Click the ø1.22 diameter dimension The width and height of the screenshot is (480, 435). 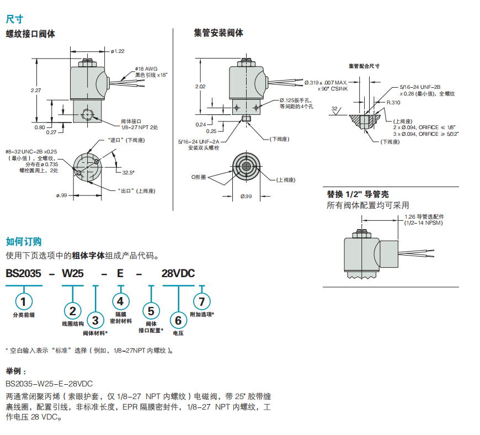click(118, 51)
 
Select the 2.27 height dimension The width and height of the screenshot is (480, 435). click(36, 90)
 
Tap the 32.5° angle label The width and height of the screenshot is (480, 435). click(128, 173)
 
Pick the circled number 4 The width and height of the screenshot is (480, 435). click(121, 301)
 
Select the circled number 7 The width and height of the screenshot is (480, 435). click(201, 301)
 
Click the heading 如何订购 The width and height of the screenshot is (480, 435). click(23, 241)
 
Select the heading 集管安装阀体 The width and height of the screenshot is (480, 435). click(218, 33)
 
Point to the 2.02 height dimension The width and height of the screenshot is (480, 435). click(201, 87)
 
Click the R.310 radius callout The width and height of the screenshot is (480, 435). click(393, 103)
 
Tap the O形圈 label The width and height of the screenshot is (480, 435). click(199, 177)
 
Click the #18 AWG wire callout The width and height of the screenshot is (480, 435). click(146, 68)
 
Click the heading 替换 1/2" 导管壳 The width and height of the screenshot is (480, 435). click(358, 194)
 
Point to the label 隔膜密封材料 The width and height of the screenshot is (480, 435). click(121, 317)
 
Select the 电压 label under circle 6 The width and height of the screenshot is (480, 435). click(178, 333)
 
